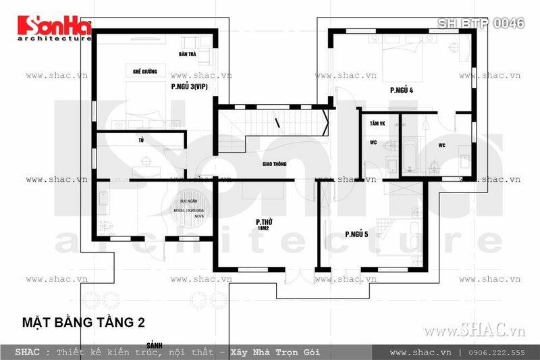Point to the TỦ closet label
(x=140, y=139)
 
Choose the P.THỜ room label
(x=263, y=222)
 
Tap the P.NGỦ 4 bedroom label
(x=401, y=89)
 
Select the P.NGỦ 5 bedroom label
(x=356, y=234)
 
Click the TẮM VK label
(x=377, y=125)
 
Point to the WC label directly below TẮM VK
(x=373, y=143)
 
